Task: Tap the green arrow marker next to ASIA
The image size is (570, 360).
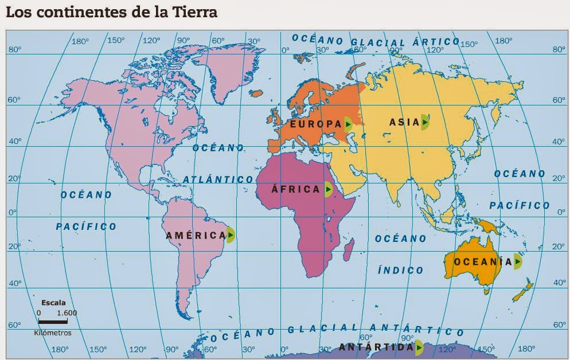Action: (425, 122)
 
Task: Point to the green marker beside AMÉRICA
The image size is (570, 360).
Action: (230, 234)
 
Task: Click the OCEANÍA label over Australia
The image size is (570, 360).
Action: (482, 262)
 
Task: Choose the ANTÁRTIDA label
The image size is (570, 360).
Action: (376, 347)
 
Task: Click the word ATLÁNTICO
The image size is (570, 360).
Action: (218, 179)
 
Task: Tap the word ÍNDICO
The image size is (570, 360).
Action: (401, 270)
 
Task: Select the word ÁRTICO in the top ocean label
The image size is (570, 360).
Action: (436, 42)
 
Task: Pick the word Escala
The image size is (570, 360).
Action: (53, 303)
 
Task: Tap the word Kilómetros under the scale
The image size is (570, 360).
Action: (53, 332)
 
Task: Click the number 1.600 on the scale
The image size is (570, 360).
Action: (67, 313)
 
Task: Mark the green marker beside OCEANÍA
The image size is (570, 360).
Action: (518, 261)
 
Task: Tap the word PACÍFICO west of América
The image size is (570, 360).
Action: (86, 226)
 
